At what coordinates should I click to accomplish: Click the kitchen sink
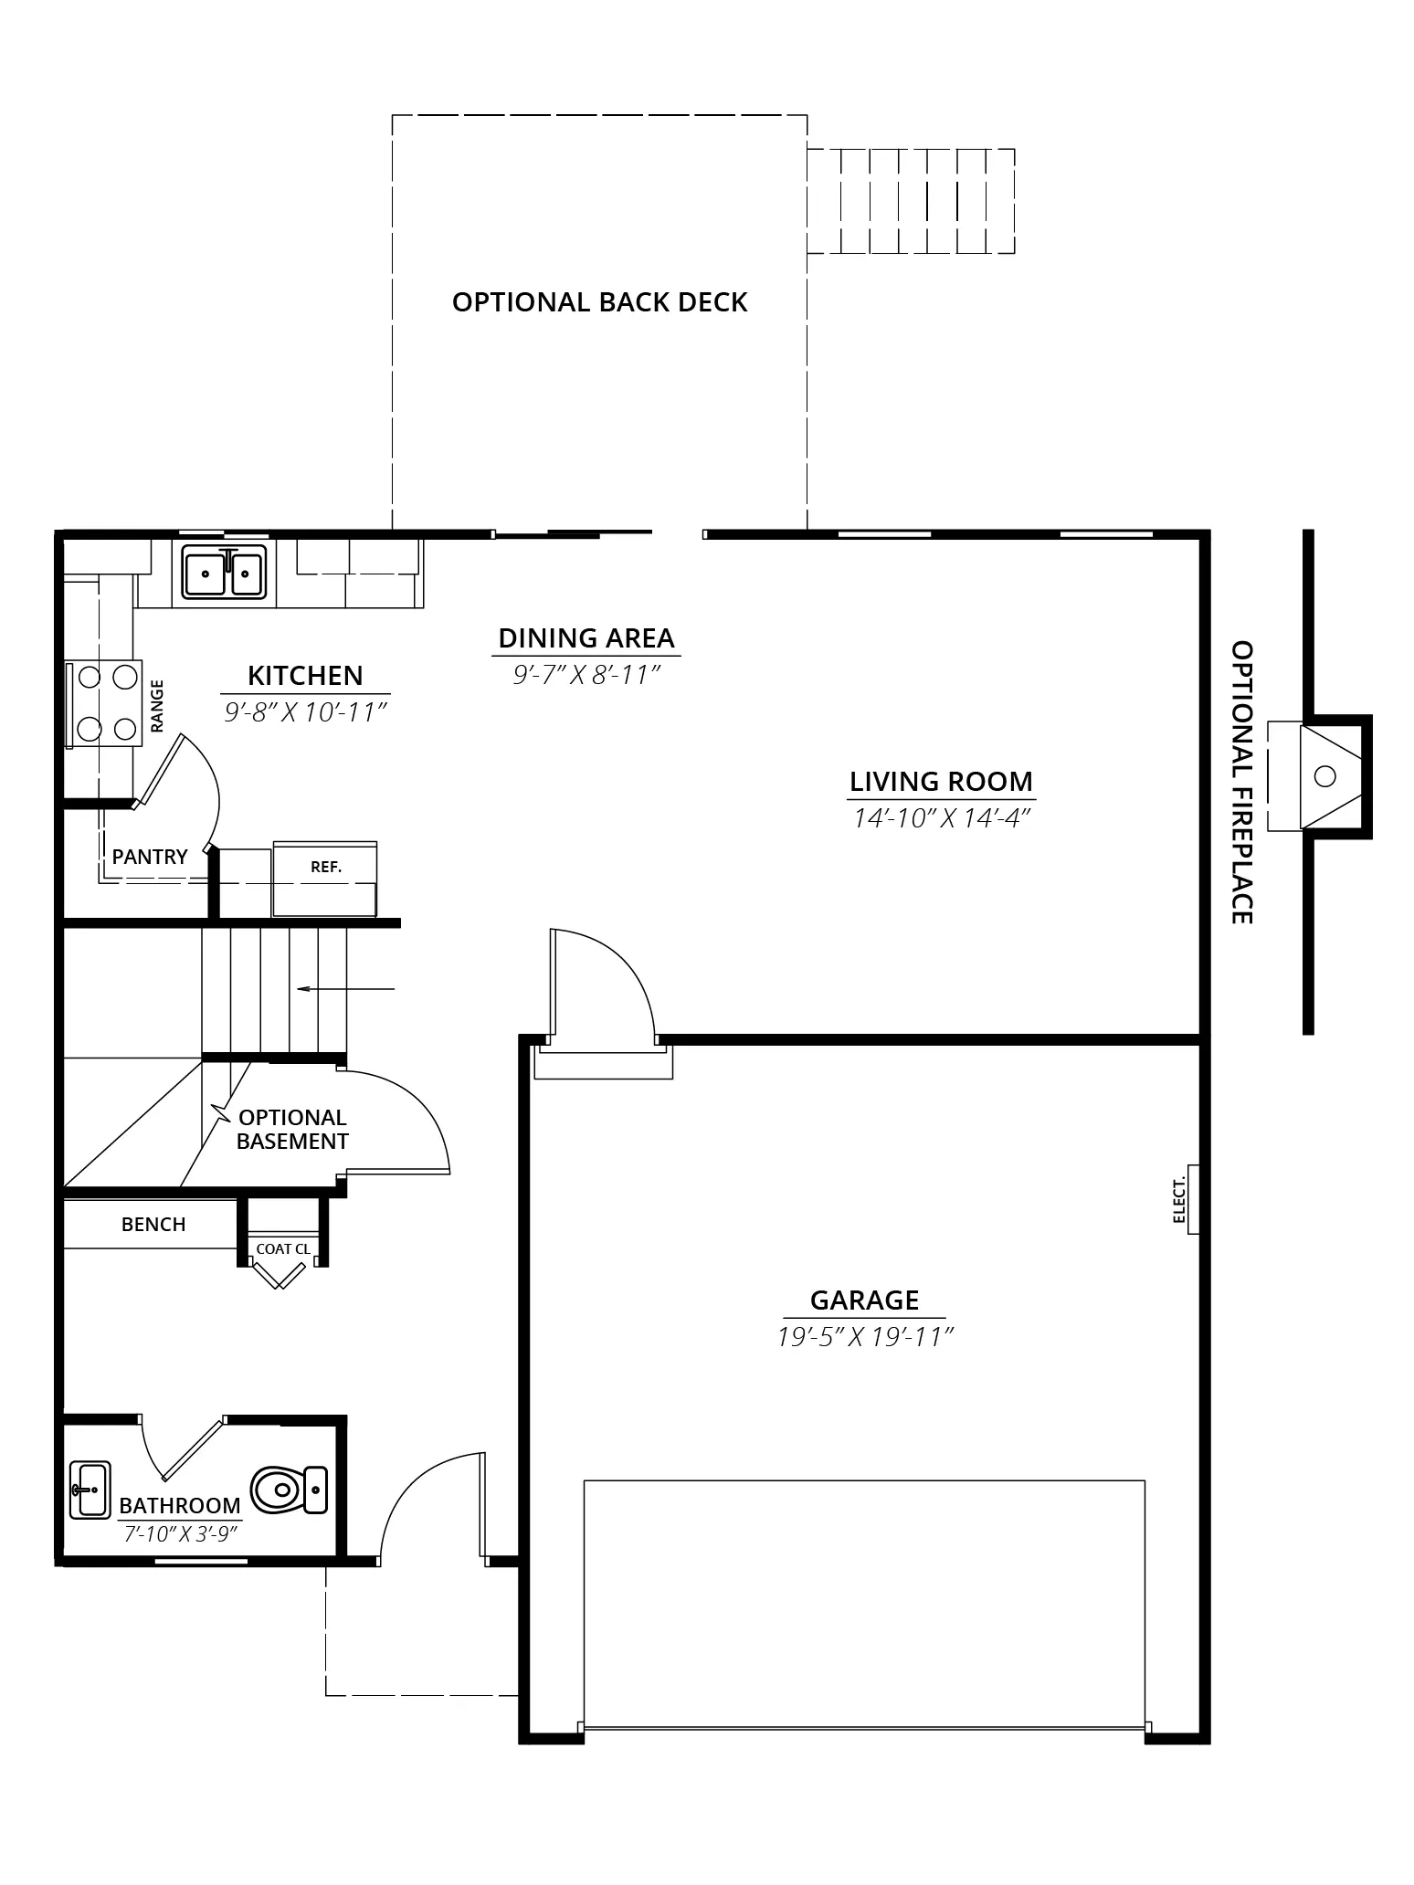point(224,572)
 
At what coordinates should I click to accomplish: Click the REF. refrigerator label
point(326,867)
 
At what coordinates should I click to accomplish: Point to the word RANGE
point(157,705)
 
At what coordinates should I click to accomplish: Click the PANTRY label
point(150,857)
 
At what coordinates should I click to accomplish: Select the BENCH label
point(153,1224)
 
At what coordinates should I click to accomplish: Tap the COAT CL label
point(283,1248)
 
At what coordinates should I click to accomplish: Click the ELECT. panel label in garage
point(1179,1200)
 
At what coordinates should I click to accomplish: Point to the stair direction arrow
point(346,988)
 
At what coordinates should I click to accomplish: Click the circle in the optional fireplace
point(1324,776)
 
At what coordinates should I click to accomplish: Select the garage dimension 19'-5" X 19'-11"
point(865,1337)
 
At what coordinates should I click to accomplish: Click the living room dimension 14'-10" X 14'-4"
point(942,818)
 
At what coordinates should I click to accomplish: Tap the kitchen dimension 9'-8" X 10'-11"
point(306,712)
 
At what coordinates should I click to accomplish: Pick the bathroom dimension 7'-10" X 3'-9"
point(181,1533)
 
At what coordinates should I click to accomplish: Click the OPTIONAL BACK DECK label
point(600,302)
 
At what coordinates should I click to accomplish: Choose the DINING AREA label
point(586,637)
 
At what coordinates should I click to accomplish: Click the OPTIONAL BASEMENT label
point(292,1130)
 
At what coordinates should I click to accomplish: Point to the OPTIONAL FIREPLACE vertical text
point(1242,782)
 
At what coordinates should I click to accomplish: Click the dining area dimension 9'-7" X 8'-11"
point(586,675)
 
